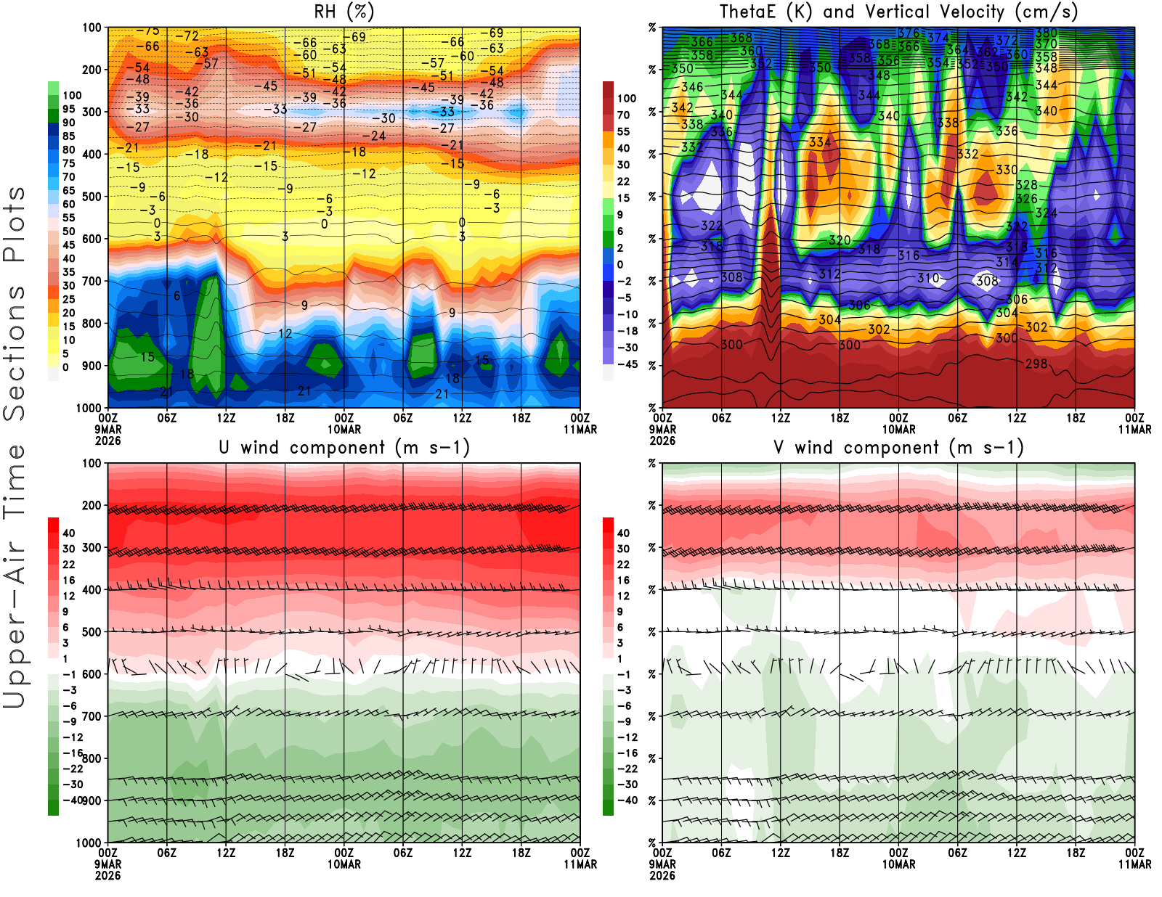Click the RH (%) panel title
click(344, 12)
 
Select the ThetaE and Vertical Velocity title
click(898, 12)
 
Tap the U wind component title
click(344, 447)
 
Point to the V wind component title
click(898, 447)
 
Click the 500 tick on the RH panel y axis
click(92, 197)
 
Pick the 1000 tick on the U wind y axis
click(89, 843)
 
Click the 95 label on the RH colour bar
click(69, 109)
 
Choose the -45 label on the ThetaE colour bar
click(627, 364)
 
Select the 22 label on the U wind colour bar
click(69, 564)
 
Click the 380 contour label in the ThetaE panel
click(1047, 33)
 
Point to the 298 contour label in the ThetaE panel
click(1036, 363)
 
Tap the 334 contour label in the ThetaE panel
click(820, 142)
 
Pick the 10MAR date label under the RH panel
click(344, 430)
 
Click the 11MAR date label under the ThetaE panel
click(1134, 430)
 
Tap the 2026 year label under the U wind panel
click(107, 875)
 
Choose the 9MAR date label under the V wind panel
click(662, 864)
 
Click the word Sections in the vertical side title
click(15, 352)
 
